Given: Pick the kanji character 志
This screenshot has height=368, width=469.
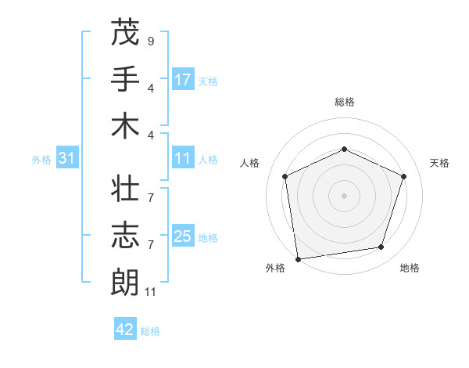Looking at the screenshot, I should tap(125, 236).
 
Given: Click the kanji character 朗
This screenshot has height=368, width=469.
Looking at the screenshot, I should tap(125, 283).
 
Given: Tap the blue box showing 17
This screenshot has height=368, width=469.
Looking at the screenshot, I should tap(183, 79).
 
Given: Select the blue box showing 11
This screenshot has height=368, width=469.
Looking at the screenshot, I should tap(183, 158).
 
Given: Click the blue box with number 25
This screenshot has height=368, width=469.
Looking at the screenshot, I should tap(183, 236).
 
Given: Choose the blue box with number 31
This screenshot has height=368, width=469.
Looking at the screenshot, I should tap(67, 158).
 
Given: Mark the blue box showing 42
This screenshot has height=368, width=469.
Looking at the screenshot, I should tap(125, 330).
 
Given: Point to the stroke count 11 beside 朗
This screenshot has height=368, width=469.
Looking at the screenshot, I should tap(152, 292).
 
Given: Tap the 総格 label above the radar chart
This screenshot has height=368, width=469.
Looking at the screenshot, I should tap(344, 102).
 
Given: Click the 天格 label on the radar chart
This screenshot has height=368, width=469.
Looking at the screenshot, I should tap(439, 163).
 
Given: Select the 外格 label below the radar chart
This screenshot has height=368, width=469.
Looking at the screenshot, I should tap(275, 268).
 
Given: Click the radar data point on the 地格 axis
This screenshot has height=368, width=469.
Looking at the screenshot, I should tap(381, 247).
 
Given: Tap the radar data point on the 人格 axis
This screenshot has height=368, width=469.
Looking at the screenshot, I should tap(285, 176).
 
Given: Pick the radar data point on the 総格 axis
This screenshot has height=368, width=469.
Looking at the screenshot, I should tap(344, 149).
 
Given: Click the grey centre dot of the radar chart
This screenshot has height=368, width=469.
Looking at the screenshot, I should tap(344, 195).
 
